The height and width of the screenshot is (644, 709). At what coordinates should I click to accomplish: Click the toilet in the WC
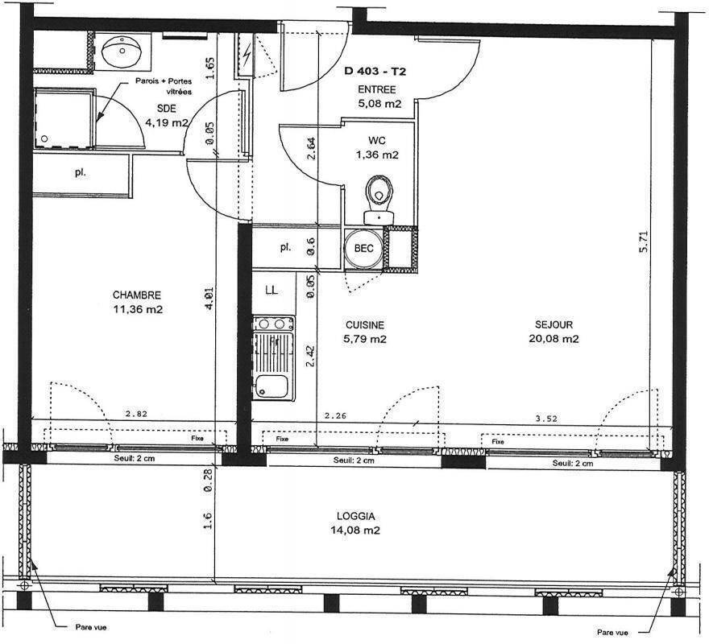pos(379,200)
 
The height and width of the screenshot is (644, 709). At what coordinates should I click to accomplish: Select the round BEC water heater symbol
pos(363,248)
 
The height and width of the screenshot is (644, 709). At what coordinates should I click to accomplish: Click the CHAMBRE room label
pos(136,295)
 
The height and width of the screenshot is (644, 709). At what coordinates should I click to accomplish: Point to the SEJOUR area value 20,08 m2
pos(554,339)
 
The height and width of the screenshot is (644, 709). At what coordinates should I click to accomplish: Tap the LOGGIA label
pos(355,516)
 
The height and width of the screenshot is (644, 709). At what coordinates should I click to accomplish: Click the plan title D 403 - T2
pos(375,71)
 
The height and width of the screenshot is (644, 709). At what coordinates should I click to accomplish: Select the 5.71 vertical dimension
pos(644,242)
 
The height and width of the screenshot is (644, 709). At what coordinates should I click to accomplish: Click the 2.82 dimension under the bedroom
pos(136,414)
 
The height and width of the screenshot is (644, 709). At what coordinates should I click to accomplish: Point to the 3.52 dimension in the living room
pos(546,419)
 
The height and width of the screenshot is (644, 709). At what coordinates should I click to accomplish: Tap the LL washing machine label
pos(272,290)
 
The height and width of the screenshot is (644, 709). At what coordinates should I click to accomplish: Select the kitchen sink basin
pos(272,387)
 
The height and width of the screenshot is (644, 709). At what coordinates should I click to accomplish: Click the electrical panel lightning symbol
pos(247,55)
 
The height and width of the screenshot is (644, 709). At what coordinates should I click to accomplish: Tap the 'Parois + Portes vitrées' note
pos(164,86)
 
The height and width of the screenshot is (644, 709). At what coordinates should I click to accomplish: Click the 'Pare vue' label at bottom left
pos(91,627)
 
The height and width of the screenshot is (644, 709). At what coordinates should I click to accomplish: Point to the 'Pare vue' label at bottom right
pos(612,633)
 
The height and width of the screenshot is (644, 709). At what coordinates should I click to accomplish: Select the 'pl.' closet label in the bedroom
pos(81,172)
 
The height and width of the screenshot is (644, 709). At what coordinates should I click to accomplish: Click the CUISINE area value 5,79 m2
pos(365,339)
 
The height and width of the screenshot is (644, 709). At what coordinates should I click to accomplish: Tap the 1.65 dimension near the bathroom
pos(209,68)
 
